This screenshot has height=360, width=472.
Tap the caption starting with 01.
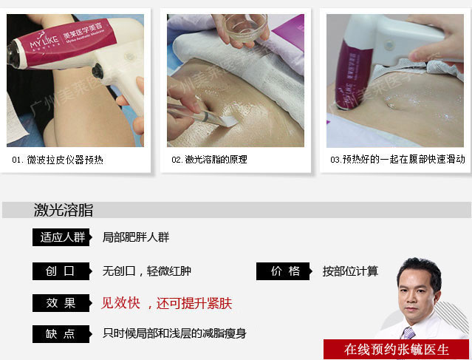(x=58, y=160)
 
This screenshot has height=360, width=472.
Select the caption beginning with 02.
(x=209, y=160)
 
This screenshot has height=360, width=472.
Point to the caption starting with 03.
(x=397, y=160)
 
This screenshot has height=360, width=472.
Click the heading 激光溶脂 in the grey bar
(x=64, y=210)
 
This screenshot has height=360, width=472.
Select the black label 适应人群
(x=62, y=237)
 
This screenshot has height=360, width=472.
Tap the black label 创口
(x=62, y=271)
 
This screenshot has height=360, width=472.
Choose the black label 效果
(x=62, y=303)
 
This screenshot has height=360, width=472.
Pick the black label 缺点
(x=62, y=334)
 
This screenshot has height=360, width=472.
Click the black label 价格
(x=284, y=271)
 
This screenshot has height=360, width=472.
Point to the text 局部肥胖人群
(x=136, y=237)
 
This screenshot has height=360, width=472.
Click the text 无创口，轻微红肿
(x=146, y=271)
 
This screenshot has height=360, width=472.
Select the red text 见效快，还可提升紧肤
(x=166, y=303)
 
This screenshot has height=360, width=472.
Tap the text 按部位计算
(x=350, y=271)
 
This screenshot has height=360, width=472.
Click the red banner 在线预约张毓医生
(x=396, y=350)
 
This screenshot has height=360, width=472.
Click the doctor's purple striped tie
(x=408, y=333)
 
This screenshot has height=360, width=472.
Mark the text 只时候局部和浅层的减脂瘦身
(x=174, y=333)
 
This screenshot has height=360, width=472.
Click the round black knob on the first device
(x=98, y=71)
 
